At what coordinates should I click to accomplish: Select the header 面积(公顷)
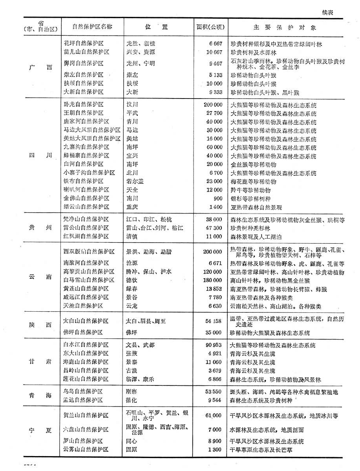coord(210,27)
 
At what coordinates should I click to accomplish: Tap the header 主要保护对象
coord(285,28)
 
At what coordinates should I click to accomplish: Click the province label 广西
coord(40,67)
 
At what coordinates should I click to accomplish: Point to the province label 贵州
coord(40,228)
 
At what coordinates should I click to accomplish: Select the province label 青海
coord(40,396)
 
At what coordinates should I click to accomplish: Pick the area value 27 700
coord(214,113)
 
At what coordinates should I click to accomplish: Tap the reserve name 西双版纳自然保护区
coord(89,252)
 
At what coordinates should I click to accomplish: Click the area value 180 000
coord(213,280)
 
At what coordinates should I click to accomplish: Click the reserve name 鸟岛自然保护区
coord(83,392)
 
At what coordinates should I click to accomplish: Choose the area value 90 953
coord(214,345)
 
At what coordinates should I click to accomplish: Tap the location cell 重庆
coord(132,207)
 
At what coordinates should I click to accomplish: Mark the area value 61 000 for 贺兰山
coord(213,415)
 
